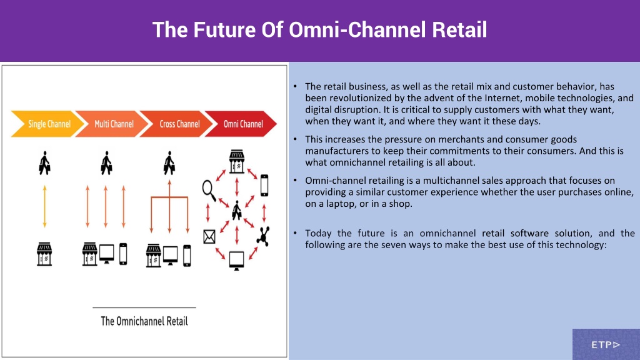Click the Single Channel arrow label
pos(49,124)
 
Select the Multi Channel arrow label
pos(114,124)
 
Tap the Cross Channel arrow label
pos(179,124)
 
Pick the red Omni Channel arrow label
pos(243,124)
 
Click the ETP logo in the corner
pos(606,345)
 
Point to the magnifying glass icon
pos(209,191)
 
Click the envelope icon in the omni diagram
pos(209,236)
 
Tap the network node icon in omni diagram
pos(263,236)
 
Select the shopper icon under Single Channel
pos(44,163)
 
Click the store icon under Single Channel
pos(44,254)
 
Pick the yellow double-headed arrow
pos(44,206)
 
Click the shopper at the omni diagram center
pos(237,211)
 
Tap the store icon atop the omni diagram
pos(237,161)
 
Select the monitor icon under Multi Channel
pos(106,254)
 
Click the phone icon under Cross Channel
pos(187,256)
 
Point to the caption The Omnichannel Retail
pos(144,321)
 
